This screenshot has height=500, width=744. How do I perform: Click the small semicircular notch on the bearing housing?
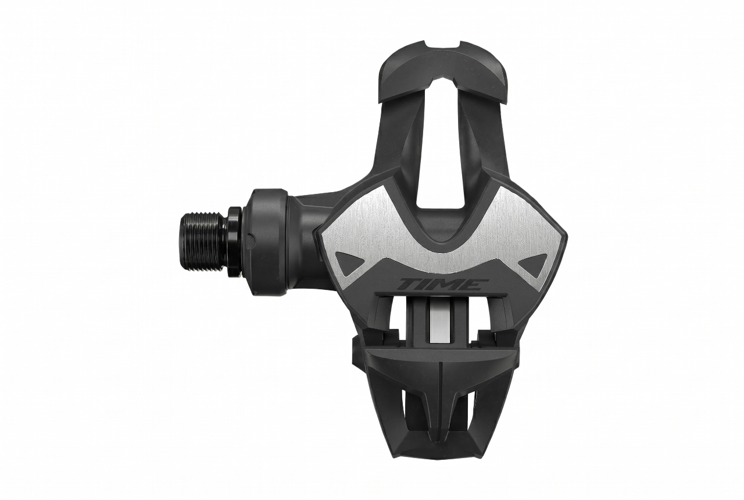[251, 239]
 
